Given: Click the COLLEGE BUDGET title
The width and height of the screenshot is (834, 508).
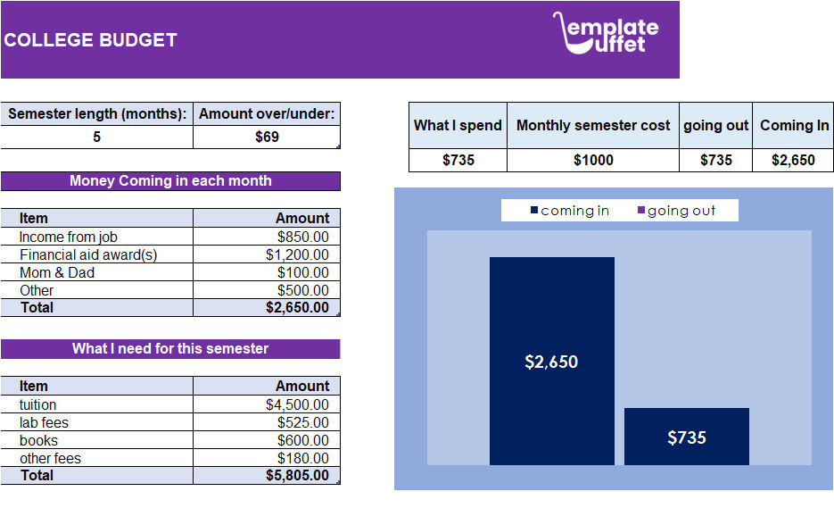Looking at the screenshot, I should [90, 40].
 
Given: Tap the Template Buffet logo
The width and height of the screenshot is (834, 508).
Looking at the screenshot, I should [606, 33].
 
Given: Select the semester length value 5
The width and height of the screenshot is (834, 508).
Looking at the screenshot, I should [96, 137].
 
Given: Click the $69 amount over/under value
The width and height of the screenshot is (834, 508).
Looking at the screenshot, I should [267, 137].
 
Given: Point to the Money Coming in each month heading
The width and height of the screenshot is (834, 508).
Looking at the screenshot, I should [170, 180].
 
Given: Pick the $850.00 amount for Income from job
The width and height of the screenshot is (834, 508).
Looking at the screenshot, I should [302, 237].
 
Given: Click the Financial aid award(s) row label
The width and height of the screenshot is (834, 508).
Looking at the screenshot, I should [87, 254].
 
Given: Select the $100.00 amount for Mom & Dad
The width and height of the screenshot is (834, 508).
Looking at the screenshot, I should [302, 272].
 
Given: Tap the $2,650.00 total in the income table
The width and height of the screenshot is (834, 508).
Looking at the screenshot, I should [297, 307].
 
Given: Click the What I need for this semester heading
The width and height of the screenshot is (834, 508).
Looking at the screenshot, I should [170, 348].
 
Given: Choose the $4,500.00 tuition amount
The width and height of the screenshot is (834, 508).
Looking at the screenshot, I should [297, 404].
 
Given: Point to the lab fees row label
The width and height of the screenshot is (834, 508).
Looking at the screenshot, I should [44, 422].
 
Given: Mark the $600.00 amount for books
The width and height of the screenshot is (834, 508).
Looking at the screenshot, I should [302, 440].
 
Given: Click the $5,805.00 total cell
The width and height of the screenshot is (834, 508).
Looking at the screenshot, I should [297, 475].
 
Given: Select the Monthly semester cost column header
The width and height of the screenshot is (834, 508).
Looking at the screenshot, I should [592, 125].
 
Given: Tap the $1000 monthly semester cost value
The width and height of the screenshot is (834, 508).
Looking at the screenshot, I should [592, 160].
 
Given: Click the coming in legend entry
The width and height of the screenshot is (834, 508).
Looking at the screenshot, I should [570, 211].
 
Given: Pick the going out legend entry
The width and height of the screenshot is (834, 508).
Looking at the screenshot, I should [676, 211].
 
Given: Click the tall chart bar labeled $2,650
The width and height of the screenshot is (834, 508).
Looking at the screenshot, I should [551, 361].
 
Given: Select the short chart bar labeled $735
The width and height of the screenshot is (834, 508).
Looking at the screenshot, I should [686, 437].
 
